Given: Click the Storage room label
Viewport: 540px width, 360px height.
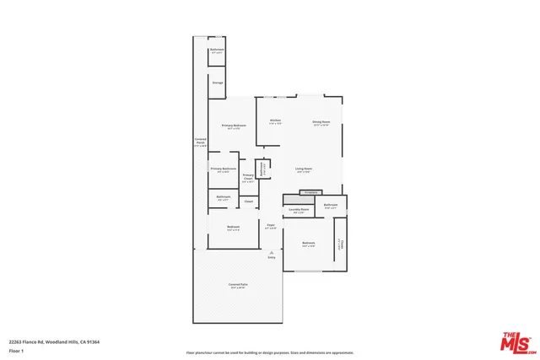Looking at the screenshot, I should pos(217,83).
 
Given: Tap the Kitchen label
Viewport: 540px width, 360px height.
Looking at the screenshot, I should pos(275,121).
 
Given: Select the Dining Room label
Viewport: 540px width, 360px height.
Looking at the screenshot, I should pos(321,121).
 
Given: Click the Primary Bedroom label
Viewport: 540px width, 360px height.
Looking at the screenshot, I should pos(232,126).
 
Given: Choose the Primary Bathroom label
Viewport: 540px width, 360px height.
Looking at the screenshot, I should pos(224,169).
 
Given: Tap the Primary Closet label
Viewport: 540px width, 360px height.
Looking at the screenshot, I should pos(248,178).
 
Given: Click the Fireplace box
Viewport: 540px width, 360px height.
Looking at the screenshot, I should pos(309,193).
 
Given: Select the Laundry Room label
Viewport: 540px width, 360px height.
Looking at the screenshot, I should pos(299,210).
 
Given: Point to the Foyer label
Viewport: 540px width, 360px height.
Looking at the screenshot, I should pos(271,226).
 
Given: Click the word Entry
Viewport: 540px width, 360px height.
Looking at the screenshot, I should pos(272,257).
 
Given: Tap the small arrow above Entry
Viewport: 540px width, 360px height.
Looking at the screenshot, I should pos(272,251).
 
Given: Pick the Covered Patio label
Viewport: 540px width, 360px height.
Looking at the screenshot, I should pos(237,285).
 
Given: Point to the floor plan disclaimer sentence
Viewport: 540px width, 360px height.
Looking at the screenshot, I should pos(270,352).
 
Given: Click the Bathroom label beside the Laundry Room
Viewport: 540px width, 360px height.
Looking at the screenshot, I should pos(331,205).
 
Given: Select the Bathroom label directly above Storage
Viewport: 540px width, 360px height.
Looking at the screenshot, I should pos(217,50).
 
